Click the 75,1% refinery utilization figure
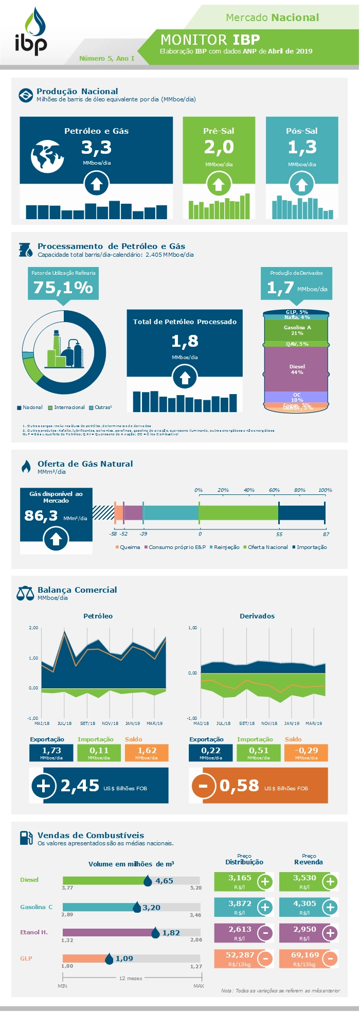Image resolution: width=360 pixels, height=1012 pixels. click(x=63, y=287)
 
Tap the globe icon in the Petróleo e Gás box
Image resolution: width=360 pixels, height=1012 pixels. click(x=47, y=156)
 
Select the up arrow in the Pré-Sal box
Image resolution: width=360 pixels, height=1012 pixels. click(x=219, y=184)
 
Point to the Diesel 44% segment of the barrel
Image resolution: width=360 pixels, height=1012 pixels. click(x=297, y=369)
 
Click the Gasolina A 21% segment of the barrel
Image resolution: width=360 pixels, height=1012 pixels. click(x=297, y=330)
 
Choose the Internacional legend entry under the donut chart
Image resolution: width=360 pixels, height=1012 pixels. click(x=66, y=407)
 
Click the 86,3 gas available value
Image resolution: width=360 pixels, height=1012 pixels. click(x=41, y=516)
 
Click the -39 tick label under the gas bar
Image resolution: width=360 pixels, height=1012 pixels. click(x=143, y=534)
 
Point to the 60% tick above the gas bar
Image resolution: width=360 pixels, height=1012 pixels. click(x=274, y=490)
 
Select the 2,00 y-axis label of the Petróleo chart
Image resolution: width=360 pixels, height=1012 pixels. click(x=33, y=628)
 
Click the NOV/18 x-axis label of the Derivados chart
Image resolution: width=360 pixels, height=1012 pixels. click(x=269, y=723)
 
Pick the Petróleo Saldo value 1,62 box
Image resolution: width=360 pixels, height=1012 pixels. click(x=147, y=753)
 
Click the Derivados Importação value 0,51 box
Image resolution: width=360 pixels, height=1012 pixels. click(x=258, y=753)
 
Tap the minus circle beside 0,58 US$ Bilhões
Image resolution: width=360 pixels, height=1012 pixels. click(x=203, y=786)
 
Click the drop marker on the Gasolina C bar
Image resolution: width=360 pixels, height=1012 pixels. click(x=137, y=907)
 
